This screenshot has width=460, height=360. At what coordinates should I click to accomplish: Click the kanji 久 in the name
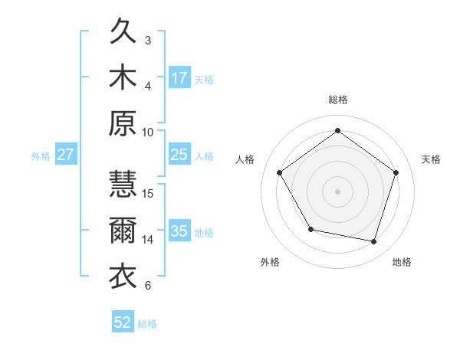click(x=123, y=33)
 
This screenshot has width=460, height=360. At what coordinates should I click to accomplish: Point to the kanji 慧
click(x=123, y=185)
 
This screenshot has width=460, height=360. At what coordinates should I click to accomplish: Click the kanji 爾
click(x=123, y=231)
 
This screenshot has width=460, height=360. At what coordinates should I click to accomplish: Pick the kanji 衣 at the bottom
click(x=123, y=277)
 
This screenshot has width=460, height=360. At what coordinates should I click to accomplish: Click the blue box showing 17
click(x=179, y=77)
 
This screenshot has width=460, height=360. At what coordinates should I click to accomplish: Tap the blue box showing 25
click(x=179, y=155)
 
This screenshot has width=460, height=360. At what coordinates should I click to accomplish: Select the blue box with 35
click(x=179, y=231)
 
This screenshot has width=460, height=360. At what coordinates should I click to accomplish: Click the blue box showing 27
click(x=65, y=155)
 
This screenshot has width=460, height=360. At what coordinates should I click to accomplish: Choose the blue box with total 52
click(x=123, y=322)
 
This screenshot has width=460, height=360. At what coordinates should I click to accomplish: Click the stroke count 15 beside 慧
click(x=148, y=193)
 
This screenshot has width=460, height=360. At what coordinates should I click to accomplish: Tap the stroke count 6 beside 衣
click(x=148, y=286)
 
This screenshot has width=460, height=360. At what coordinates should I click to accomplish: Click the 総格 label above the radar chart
click(x=337, y=100)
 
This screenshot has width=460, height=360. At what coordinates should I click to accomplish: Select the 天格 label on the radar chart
click(x=431, y=159)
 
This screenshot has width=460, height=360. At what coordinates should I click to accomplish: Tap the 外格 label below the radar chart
click(x=270, y=263)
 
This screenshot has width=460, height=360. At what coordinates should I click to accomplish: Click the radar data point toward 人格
click(x=280, y=172)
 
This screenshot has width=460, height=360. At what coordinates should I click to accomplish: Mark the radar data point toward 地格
click(x=374, y=241)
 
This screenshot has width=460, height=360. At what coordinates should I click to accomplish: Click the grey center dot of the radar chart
click(x=337, y=191)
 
